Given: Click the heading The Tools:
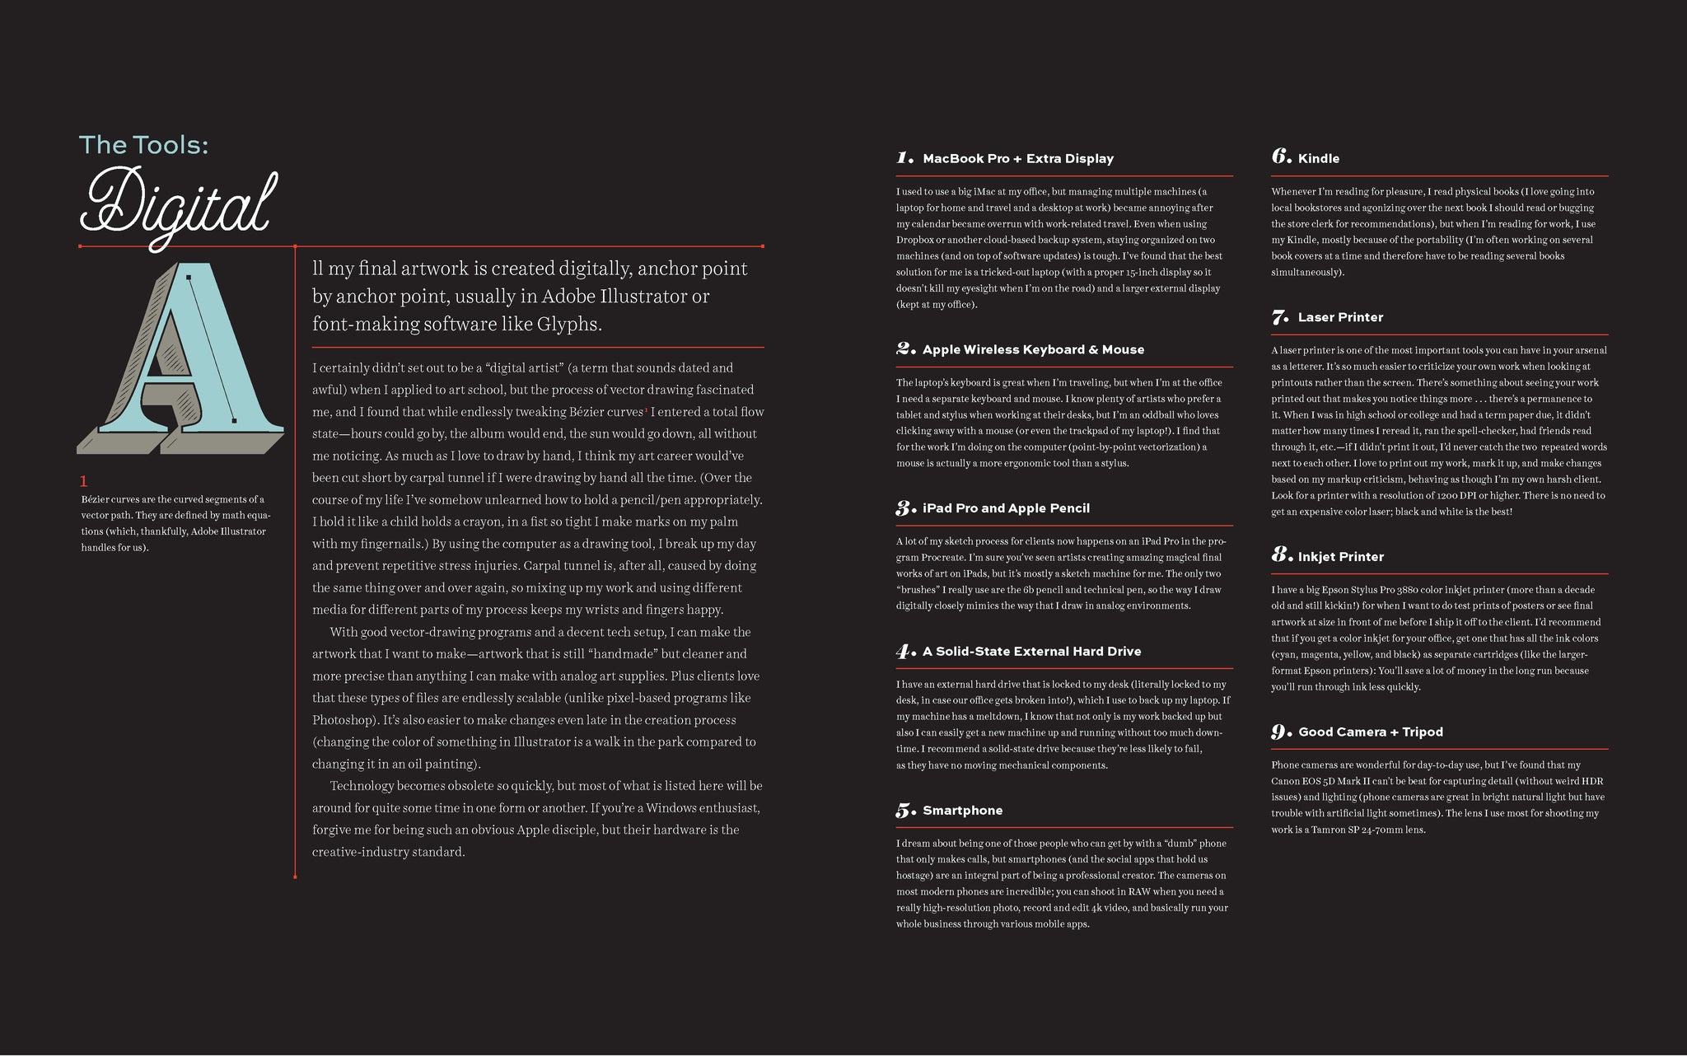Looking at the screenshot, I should click(x=143, y=145).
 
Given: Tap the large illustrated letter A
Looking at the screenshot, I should click(x=181, y=358).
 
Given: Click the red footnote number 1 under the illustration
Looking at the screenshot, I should click(x=83, y=481).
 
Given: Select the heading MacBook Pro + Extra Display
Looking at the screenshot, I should click(x=1018, y=159).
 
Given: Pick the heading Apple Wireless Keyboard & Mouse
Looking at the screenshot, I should click(x=1033, y=350).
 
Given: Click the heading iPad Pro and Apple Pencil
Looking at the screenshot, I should click(x=1006, y=509).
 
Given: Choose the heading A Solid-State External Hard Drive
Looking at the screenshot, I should click(x=1031, y=652).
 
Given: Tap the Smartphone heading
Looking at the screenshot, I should click(x=962, y=811).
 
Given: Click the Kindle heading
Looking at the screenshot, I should click(x=1318, y=159).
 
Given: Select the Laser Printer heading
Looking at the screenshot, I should click(x=1340, y=318).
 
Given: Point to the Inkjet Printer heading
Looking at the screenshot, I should click(x=1340, y=557).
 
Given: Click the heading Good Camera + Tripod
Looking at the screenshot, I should click(x=1370, y=732).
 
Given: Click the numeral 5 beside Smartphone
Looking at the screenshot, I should click(x=904, y=811).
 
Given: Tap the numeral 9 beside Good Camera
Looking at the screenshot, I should click(x=1280, y=732).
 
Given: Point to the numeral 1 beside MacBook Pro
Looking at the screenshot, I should click(x=904, y=158).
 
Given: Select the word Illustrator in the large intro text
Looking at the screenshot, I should click(x=647, y=297).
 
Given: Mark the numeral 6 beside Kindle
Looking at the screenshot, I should click(x=1280, y=157).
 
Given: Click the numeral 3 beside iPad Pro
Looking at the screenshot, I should click(x=904, y=508).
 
